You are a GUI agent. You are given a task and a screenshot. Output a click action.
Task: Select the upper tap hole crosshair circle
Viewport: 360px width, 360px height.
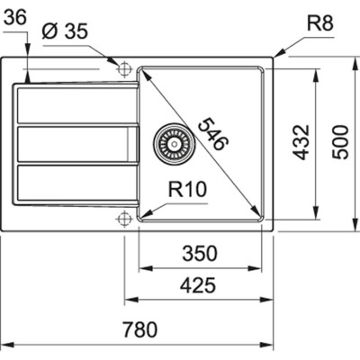point(123,67)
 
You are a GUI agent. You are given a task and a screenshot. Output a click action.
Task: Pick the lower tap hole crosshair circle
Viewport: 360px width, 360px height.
point(123,217)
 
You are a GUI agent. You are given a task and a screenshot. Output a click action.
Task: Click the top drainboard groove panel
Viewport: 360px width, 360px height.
point(76,106)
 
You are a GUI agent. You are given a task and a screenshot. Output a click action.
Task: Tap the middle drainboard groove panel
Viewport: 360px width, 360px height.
point(76,144)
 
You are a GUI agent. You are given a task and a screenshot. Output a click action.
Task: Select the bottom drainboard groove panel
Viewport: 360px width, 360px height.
point(76,183)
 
